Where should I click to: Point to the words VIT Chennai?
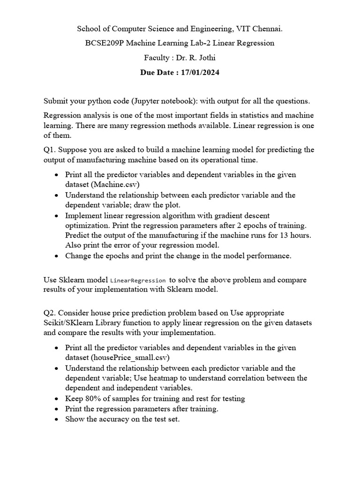(x=260, y=29)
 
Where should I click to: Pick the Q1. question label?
(x=50, y=150)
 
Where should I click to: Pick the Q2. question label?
(x=50, y=313)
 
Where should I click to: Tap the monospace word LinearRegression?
(x=138, y=280)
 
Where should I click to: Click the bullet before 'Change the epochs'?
(x=56, y=256)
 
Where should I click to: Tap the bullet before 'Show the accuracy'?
(x=56, y=419)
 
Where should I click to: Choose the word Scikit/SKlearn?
(x=67, y=323)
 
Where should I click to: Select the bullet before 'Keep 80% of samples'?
(x=56, y=398)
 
